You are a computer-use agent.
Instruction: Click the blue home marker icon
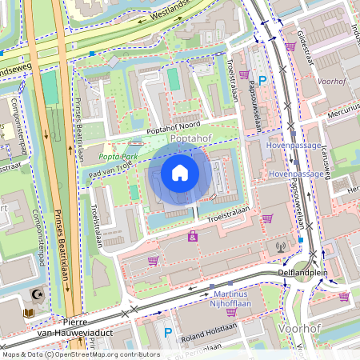pos(180,172)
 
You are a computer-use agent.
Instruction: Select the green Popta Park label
pos(117,157)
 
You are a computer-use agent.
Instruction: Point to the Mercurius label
pos(342,113)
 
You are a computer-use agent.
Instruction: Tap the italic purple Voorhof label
pos(330,81)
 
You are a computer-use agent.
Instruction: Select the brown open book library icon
pos(30,313)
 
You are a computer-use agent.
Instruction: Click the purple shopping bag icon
pos(193,237)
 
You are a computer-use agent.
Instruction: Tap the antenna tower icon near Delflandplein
pos(280,247)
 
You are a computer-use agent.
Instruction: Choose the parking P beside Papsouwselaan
pos(263,79)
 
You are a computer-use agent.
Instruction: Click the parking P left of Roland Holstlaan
pos(168,332)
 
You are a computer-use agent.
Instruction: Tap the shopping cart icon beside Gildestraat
pos(290,46)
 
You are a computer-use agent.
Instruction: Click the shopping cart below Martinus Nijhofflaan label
pos(231,312)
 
